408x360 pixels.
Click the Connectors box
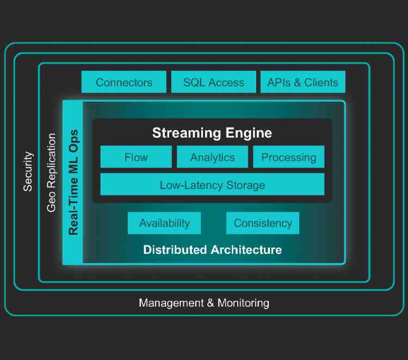click(x=124, y=82)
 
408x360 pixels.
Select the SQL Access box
click(x=213, y=82)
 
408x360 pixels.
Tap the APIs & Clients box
click(x=302, y=82)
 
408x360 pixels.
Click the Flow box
click(x=136, y=157)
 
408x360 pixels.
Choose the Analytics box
click(x=212, y=157)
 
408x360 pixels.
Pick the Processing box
click(x=288, y=157)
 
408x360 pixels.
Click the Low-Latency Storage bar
click(x=212, y=185)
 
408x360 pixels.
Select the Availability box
click(x=164, y=223)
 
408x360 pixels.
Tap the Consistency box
click(x=263, y=223)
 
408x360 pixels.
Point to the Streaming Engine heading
click(x=212, y=133)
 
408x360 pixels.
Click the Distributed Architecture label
click(x=212, y=250)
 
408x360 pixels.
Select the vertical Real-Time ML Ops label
click(x=73, y=182)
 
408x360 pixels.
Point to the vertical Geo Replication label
click(x=52, y=172)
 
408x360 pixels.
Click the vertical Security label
click(x=28, y=172)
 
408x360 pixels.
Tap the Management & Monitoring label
click(x=204, y=303)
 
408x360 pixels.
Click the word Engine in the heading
click(x=248, y=133)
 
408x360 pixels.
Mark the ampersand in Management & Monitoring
click(x=210, y=303)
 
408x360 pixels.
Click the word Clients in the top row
click(x=321, y=82)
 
